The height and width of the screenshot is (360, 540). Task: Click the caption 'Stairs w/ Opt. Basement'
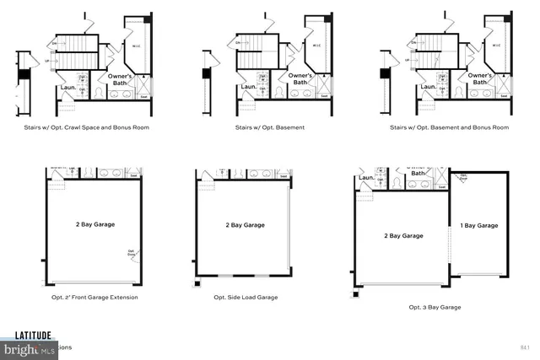(270, 127)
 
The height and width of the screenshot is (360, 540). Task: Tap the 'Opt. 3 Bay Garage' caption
(435, 307)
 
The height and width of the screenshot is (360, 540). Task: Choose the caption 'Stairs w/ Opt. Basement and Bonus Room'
(450, 127)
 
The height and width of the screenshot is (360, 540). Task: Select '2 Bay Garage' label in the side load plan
(245, 225)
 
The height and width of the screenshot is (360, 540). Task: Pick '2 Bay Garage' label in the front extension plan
(94, 224)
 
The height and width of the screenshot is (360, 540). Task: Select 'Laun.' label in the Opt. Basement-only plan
(250, 87)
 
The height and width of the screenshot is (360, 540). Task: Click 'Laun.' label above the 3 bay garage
(366, 178)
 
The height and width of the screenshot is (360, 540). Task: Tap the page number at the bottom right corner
(524, 347)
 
